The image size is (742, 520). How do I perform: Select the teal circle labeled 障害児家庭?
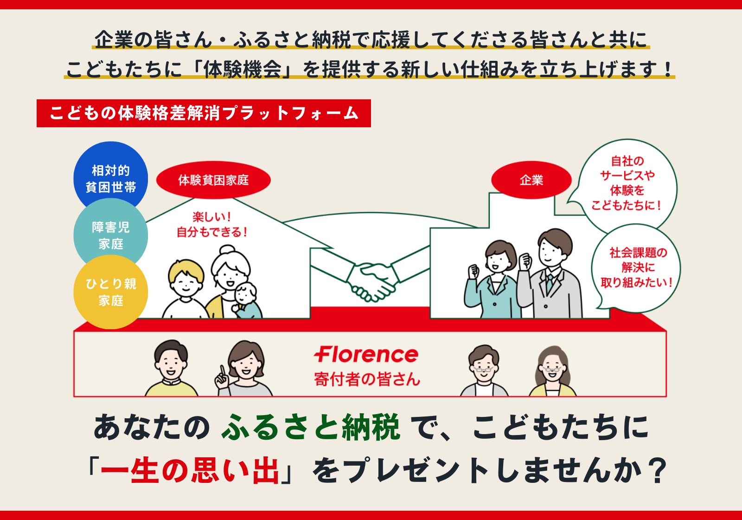click(x=110, y=235)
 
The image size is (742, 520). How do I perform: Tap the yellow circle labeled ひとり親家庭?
click(x=110, y=292)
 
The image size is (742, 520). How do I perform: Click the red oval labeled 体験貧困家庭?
click(x=213, y=180)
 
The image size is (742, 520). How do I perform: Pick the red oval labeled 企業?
click(x=531, y=180)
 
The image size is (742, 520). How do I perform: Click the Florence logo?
click(x=366, y=355)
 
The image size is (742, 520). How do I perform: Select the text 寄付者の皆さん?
click(x=367, y=379)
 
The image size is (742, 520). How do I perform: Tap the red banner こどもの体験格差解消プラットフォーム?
click(x=204, y=113)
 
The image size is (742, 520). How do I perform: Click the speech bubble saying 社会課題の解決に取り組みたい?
click(x=636, y=267)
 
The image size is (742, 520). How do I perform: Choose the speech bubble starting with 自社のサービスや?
click(x=627, y=184)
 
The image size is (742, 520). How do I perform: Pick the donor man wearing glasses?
click(x=484, y=370)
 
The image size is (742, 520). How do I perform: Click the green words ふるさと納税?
click(x=310, y=427)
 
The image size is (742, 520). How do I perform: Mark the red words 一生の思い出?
click(x=190, y=471)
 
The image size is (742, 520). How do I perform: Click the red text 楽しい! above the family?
click(x=212, y=217)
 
